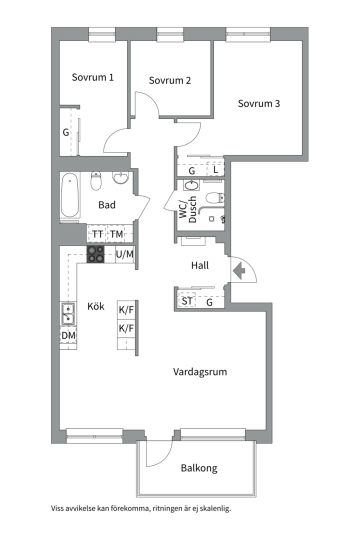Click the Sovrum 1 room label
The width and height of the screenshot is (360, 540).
[x=92, y=77]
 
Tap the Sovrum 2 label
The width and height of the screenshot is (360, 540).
[x=170, y=80]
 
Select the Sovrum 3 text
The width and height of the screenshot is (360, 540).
[x=258, y=104]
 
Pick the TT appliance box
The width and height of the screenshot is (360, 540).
[x=97, y=234]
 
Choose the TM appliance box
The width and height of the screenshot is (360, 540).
[x=116, y=234]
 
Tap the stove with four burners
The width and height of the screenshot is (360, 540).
[x=95, y=254]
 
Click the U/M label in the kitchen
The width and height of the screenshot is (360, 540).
[x=124, y=254]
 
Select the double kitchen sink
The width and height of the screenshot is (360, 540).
[x=68, y=313]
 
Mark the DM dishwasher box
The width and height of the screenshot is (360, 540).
[x=68, y=335]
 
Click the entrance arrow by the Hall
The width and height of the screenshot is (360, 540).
[x=239, y=271]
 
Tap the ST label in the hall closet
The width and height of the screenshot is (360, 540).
[x=187, y=301]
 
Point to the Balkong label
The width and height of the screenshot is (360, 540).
[x=199, y=468]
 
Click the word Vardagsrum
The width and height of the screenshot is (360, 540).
[x=200, y=372]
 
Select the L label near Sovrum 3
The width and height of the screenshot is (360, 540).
[x=215, y=169]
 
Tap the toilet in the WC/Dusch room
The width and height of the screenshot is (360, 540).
[x=214, y=198]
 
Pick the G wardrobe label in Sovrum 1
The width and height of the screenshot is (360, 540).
[x=65, y=132]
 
